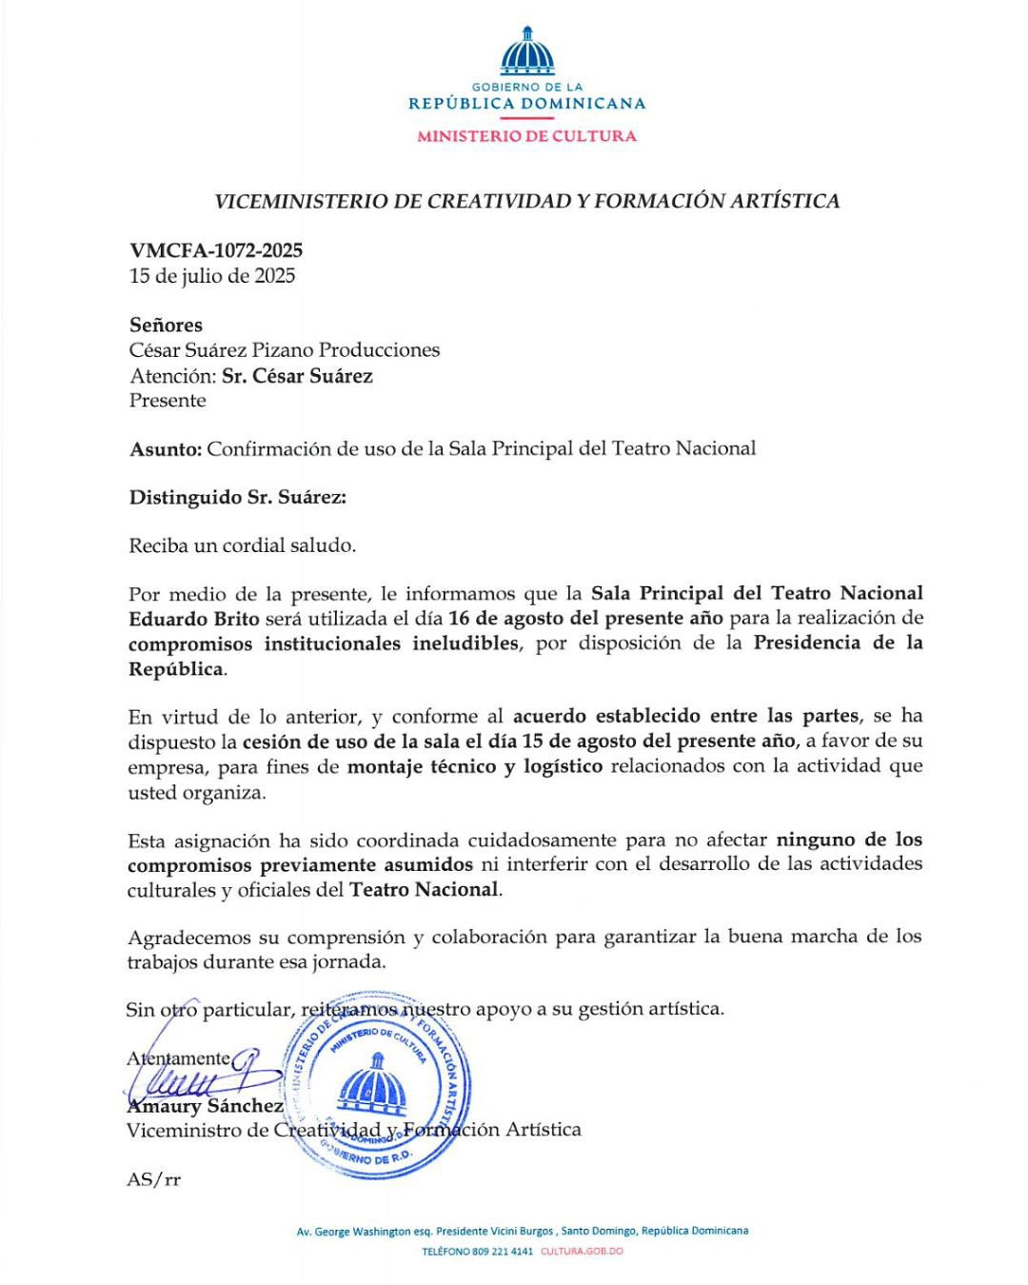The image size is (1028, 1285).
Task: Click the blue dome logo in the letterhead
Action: (526, 52)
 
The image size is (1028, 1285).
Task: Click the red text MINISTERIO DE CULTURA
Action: (526, 136)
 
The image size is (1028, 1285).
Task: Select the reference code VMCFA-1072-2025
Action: (216, 250)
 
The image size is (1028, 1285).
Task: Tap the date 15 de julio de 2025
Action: (212, 276)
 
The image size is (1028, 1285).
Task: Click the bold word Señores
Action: (166, 325)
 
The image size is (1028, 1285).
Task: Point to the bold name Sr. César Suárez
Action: (297, 375)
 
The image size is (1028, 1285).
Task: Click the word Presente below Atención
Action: (168, 400)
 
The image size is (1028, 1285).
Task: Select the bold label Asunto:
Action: (166, 448)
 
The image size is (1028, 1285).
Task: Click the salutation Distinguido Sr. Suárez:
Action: (238, 497)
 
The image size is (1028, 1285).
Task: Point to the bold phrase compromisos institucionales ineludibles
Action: (324, 643)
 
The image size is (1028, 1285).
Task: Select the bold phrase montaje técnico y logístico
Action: (474, 766)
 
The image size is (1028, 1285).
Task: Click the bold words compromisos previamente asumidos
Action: (300, 865)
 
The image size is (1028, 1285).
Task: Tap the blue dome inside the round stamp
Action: (373, 1083)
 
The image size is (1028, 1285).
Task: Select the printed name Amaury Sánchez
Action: (205, 1106)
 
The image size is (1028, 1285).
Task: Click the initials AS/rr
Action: (153, 1179)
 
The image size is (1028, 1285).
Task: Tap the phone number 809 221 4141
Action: (504, 1251)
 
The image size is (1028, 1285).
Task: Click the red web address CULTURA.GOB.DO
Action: (582, 1251)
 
